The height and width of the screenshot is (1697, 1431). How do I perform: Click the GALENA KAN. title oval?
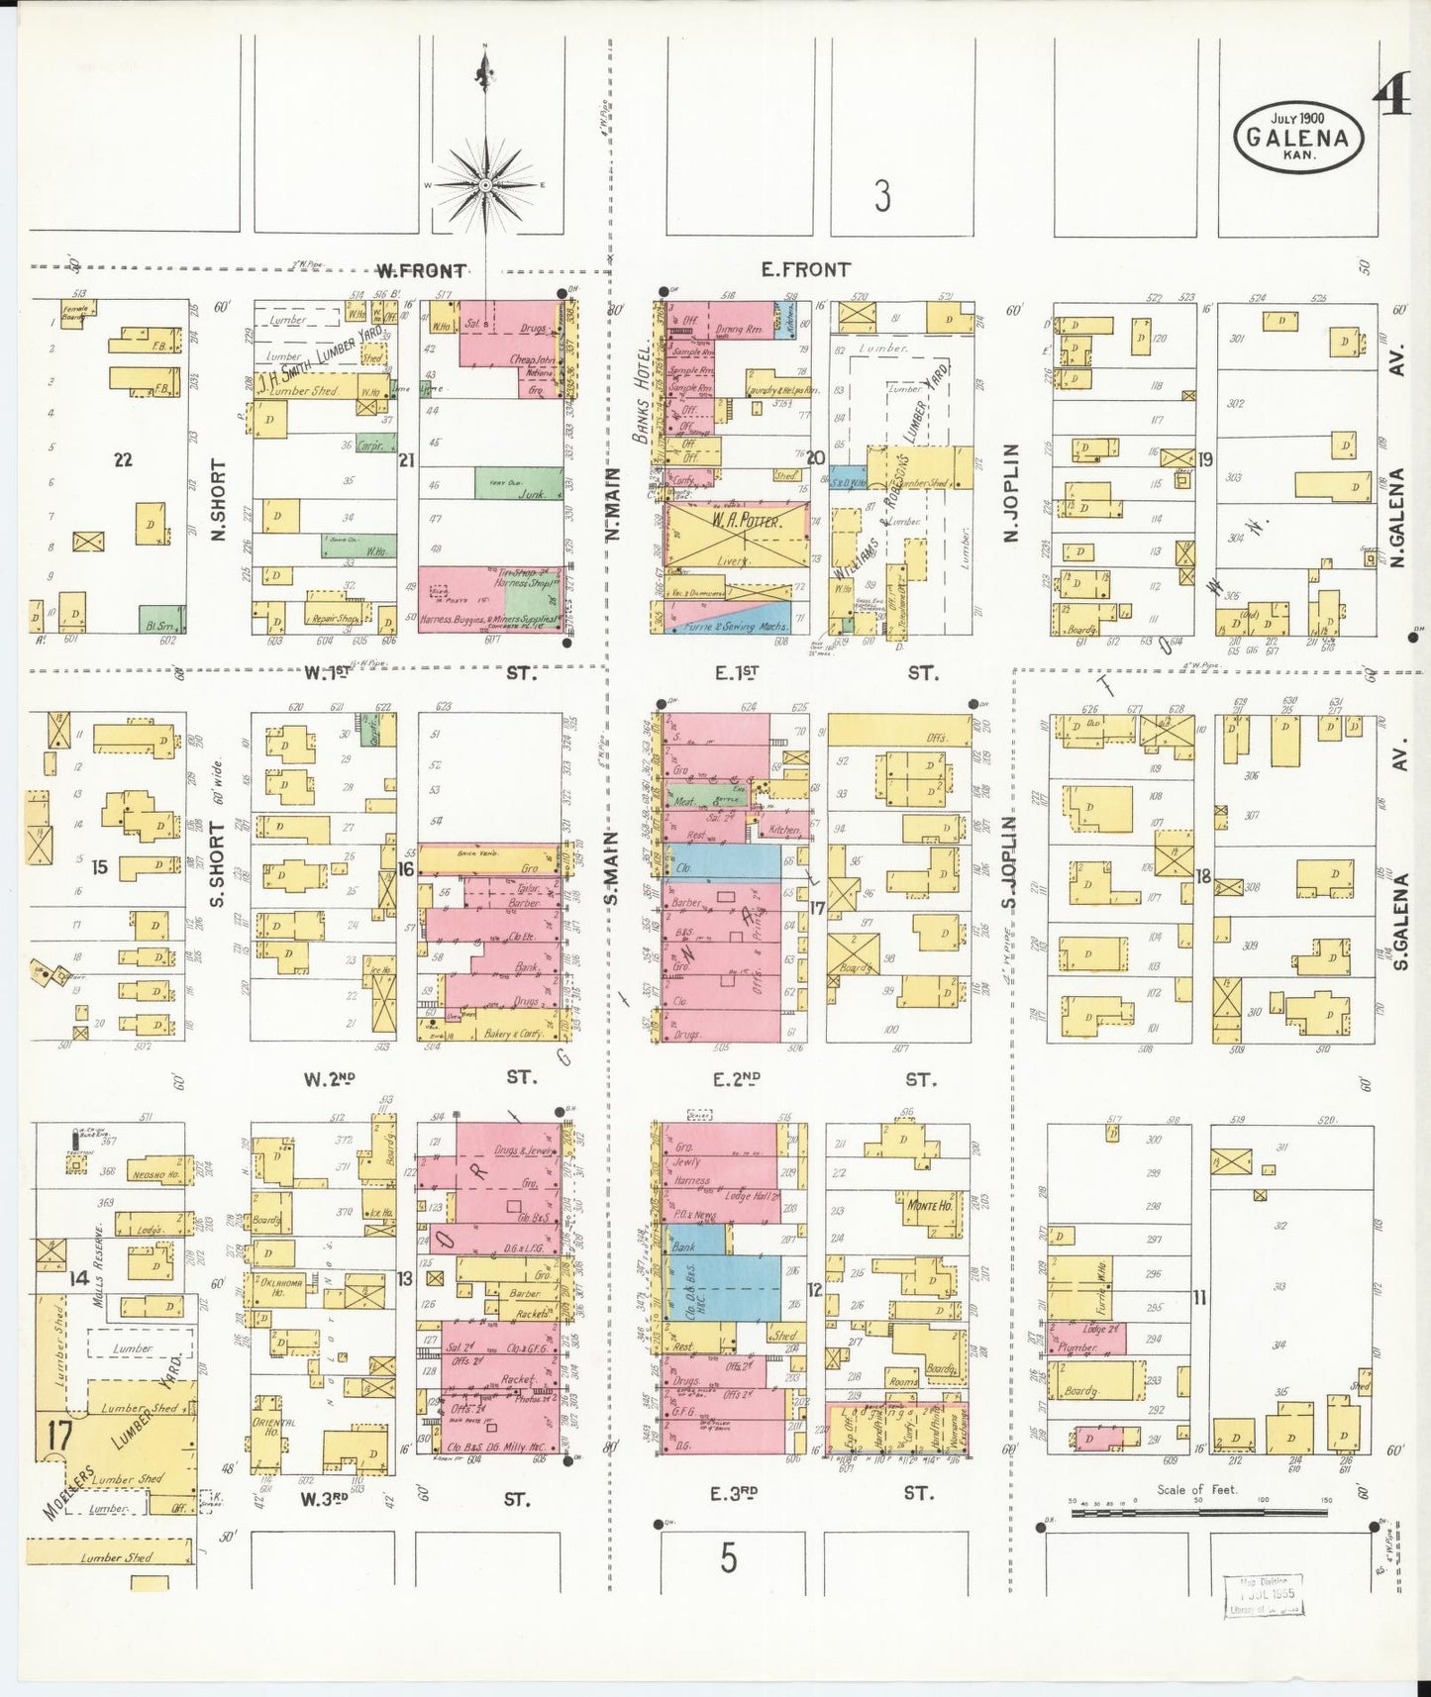[x=1298, y=137]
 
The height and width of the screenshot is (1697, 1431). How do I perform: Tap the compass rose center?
[x=485, y=185]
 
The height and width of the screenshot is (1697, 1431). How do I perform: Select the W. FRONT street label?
[x=421, y=270]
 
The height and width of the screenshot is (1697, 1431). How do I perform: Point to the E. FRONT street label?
[x=805, y=269]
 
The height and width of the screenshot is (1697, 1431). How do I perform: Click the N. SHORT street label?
[x=219, y=500]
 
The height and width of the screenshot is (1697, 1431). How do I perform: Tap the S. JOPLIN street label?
[x=1009, y=861]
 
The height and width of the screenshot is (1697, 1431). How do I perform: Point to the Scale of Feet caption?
[x=1196, y=1489]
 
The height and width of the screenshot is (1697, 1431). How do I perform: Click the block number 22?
[x=123, y=459]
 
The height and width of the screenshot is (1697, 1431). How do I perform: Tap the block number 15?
[x=99, y=867]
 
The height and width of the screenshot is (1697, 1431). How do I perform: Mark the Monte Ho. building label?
[x=930, y=1206]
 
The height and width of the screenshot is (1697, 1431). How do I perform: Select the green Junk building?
[x=519, y=483]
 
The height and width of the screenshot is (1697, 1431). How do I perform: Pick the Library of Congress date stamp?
[x=1263, y=1595]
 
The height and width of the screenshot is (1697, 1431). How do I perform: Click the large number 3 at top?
[x=881, y=195]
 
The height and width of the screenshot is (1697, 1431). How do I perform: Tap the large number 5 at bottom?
[x=728, y=1559]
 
